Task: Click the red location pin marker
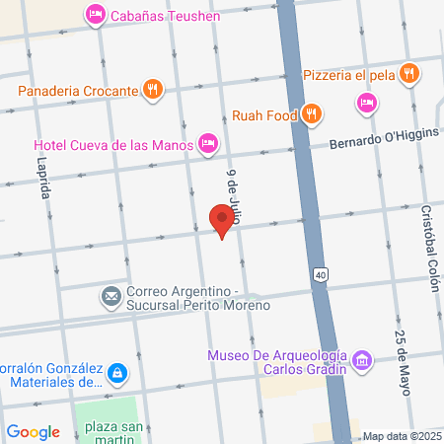point(223,220)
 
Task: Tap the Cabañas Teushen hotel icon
point(96,14)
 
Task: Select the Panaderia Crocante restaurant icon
point(152,90)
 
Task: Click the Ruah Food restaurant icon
point(311,113)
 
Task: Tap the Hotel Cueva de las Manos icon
point(207,144)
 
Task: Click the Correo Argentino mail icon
point(111,295)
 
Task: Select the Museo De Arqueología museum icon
point(362,361)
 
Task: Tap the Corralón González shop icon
point(117,372)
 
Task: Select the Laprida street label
point(43,179)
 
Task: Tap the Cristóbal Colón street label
point(428,247)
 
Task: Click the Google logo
point(33,431)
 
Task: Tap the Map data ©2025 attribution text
point(401,436)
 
